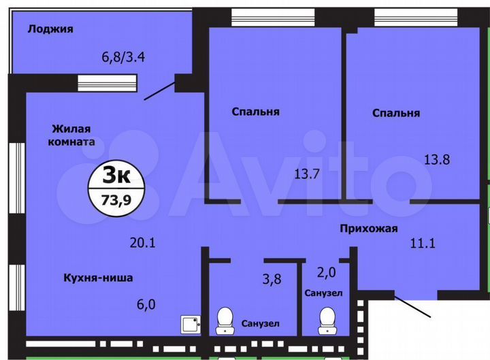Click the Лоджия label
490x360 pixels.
click(50, 29)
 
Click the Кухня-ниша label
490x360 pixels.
click(98, 278)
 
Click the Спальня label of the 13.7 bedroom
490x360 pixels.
click(255, 112)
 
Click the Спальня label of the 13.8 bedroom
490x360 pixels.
click(395, 113)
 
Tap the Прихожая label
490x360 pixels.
click(368, 229)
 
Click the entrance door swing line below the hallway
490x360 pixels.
click(412, 306)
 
